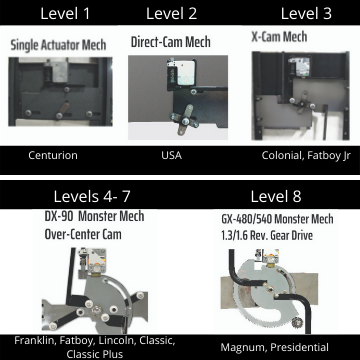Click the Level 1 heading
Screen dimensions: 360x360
65,14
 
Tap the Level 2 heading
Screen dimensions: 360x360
172,14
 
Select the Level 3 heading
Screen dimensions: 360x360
306,14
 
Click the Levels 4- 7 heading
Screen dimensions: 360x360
92,197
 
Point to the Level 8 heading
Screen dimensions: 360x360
276,197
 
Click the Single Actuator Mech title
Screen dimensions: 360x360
58,45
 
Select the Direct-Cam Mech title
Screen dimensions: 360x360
171,42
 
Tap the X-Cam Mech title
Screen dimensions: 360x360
279,37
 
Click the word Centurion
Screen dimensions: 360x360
53,155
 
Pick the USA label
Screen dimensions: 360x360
172,155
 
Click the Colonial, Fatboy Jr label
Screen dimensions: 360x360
306,156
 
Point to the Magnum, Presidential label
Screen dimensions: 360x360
274,347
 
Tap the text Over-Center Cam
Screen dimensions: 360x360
83,234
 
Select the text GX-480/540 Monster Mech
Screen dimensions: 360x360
277,219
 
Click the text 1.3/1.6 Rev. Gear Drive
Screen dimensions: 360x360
267,235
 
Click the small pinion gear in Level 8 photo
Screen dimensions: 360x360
296,323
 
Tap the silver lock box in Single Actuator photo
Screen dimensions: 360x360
60,71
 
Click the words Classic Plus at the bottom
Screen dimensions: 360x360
95,354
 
